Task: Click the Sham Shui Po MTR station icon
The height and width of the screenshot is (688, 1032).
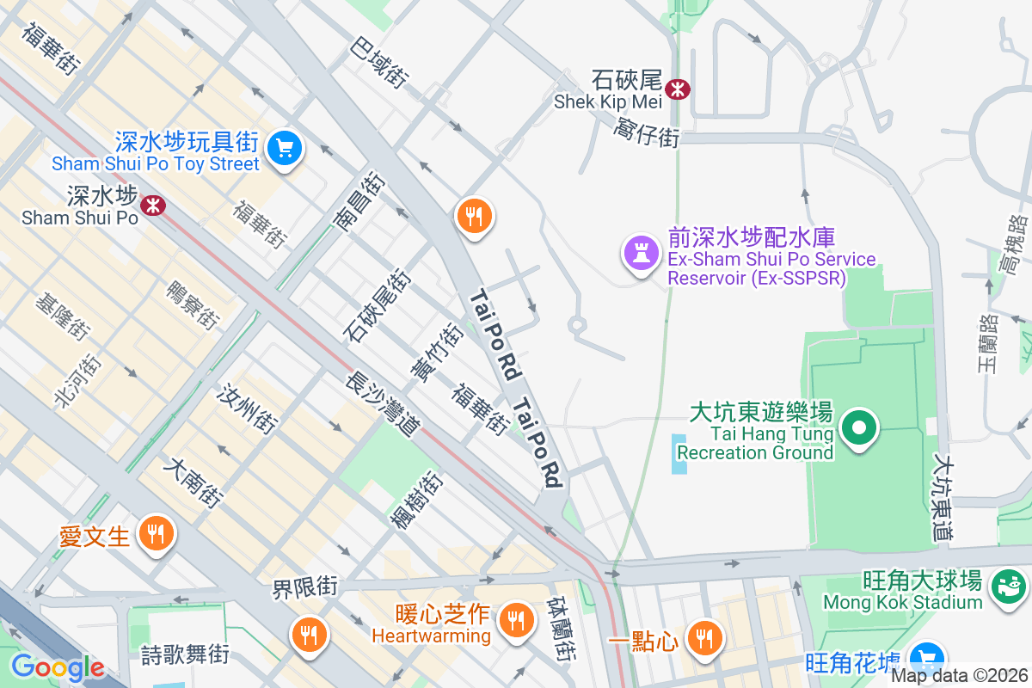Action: point(154,205)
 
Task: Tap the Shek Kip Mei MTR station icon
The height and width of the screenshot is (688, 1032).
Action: point(679,88)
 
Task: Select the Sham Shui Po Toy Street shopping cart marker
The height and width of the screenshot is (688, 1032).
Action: point(284,149)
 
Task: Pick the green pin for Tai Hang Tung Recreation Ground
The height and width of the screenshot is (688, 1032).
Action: point(857,427)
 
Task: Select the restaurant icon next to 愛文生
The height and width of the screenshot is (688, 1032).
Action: point(155,535)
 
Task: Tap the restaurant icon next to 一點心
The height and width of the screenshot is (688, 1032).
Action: point(704,638)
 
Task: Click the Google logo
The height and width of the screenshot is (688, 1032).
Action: point(58,667)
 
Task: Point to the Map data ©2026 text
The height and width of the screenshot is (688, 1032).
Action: point(959,675)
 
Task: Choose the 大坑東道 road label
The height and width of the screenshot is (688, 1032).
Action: point(943,498)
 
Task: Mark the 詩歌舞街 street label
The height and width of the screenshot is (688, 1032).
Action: point(185,653)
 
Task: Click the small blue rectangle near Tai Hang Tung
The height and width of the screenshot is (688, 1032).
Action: point(679,454)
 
